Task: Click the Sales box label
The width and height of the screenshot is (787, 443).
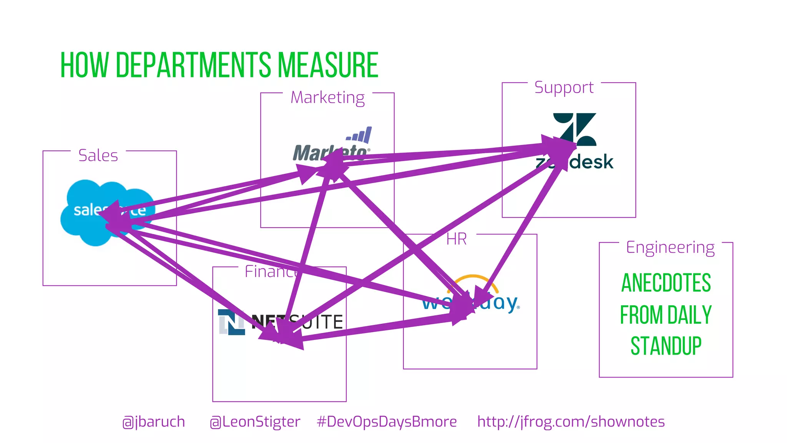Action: [x=98, y=155]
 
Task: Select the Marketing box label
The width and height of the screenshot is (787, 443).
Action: [x=327, y=98]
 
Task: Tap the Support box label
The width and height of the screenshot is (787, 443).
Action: [x=564, y=88]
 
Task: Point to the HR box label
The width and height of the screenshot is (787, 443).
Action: [x=457, y=239]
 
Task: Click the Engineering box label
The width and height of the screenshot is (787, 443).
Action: [x=670, y=247]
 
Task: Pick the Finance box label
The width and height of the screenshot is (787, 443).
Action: [x=271, y=271]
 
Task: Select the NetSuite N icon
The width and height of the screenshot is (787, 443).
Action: [x=231, y=322]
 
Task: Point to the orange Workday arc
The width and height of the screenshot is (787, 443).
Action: [x=473, y=280]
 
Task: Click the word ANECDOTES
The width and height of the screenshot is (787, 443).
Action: [x=666, y=283]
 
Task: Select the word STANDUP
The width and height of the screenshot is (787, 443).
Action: [x=666, y=346]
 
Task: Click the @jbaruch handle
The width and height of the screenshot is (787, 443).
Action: [x=153, y=422]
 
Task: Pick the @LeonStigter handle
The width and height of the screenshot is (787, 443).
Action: [x=255, y=422]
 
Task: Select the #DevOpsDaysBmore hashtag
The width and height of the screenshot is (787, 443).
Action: [x=387, y=422]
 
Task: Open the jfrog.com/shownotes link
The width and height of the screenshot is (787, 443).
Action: [x=571, y=422]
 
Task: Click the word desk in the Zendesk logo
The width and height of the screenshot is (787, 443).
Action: [x=592, y=162]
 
